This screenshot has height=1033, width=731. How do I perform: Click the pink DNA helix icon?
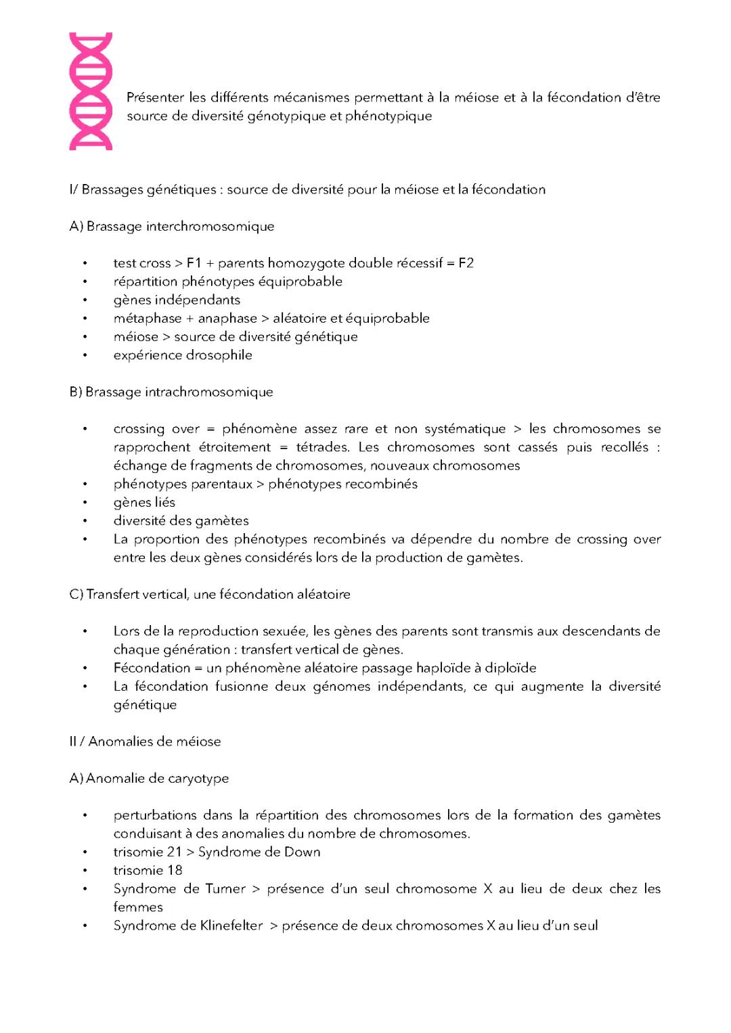click(91, 91)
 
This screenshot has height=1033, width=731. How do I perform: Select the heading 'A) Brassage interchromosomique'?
click(172, 227)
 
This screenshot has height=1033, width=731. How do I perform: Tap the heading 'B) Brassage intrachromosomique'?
click(171, 392)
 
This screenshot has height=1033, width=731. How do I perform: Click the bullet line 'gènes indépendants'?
click(177, 300)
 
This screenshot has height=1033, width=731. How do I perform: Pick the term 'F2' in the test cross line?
click(466, 263)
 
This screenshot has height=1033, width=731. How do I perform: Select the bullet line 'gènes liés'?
click(144, 502)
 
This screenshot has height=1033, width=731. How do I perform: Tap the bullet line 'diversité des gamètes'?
click(181, 521)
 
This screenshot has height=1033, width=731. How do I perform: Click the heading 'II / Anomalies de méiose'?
click(145, 741)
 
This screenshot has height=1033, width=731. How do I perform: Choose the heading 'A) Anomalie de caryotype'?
click(149, 779)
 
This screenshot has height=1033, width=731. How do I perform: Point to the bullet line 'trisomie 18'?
click(148, 871)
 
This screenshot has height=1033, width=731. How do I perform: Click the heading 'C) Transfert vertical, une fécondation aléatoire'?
click(210, 595)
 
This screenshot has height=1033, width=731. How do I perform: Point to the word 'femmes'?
click(138, 907)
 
